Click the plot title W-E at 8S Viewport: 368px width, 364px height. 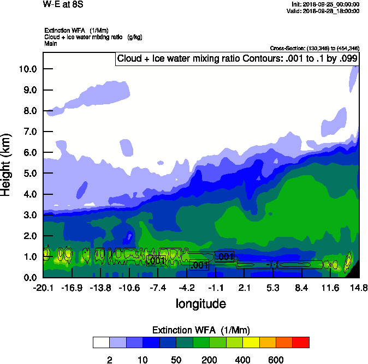tap(61, 4)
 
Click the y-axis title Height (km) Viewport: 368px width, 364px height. tap(7, 164)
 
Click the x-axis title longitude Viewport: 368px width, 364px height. tap(200, 303)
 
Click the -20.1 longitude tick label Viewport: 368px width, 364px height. tap(43, 288)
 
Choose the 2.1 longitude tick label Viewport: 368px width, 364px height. tap(244, 288)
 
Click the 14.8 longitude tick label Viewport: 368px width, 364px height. tap(359, 288)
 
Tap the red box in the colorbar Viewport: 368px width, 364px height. tap(301, 343)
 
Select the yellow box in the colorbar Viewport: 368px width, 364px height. tap(251, 343)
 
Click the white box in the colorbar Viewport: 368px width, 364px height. tap(101, 343)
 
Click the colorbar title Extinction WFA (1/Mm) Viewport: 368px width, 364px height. tap(201, 330)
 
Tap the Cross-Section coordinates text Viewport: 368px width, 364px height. tap(314, 49)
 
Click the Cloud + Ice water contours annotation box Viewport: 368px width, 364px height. tap(237, 58)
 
